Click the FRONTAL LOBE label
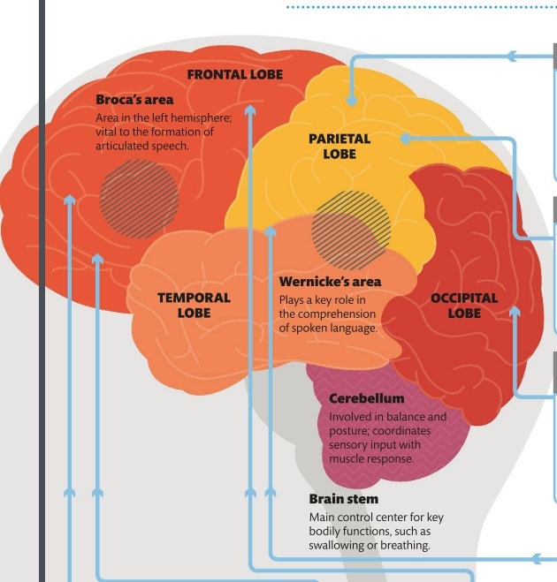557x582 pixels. coord(235,74)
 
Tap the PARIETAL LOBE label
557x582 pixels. coord(340,146)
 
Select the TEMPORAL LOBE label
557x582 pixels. coord(194,305)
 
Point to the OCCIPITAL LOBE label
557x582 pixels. coord(464,305)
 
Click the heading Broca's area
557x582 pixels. coord(134,100)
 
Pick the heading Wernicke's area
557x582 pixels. coord(330,282)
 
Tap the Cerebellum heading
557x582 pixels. coord(366,398)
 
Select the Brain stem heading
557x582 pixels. coord(343,499)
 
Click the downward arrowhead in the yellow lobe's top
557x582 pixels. coord(351,101)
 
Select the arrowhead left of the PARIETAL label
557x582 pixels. coord(404,139)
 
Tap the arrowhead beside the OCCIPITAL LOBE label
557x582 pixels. coord(515,309)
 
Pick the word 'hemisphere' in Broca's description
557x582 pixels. coord(201,118)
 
